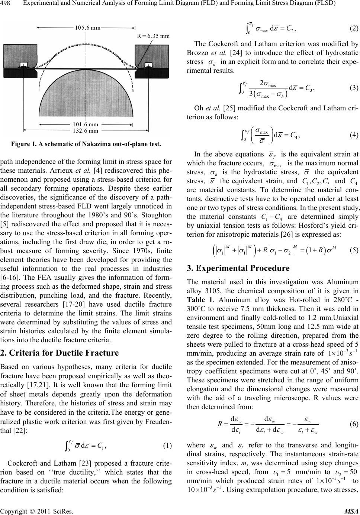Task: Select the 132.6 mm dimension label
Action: (x=86, y=131)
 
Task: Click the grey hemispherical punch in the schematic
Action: (x=86, y=97)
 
